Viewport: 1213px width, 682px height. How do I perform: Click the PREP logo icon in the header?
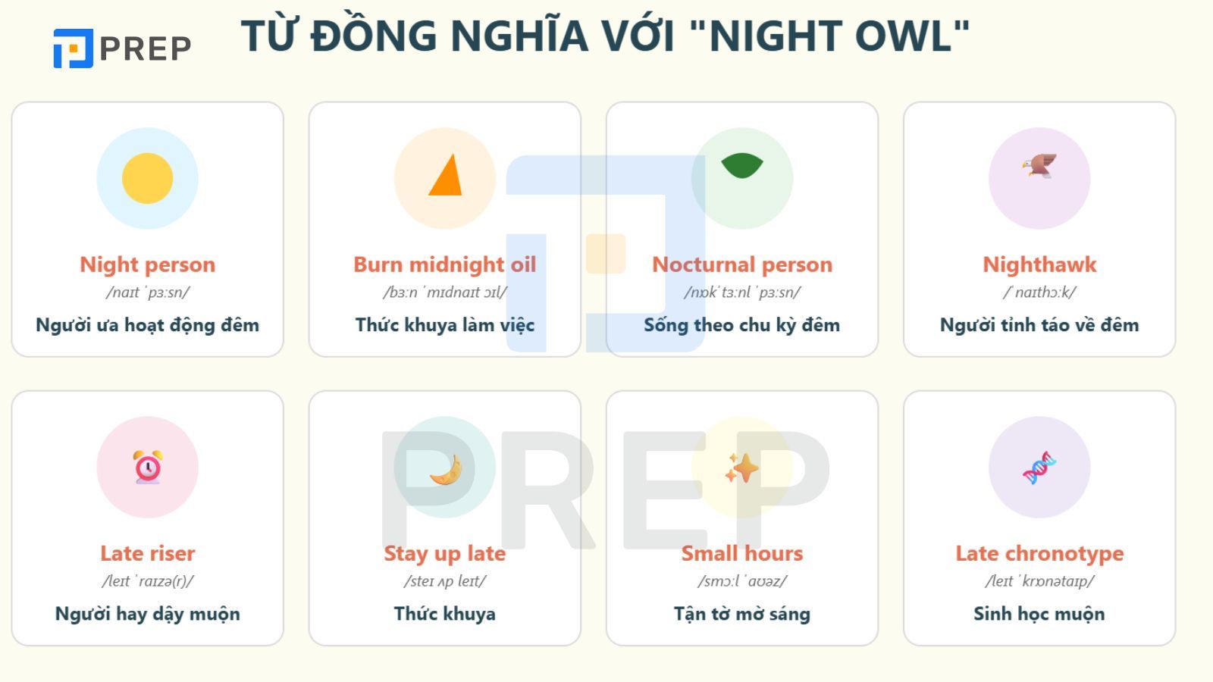coord(73,48)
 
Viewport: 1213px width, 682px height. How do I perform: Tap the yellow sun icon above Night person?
coord(147,178)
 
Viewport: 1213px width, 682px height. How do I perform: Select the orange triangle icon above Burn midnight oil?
coord(446,176)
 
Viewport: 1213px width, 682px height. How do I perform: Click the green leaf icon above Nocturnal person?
coord(742,166)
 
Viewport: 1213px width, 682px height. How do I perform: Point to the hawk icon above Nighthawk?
coord(1039,165)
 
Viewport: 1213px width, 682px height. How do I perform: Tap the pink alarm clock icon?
coord(147,467)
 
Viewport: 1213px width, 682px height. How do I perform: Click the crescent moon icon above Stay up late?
coord(446,470)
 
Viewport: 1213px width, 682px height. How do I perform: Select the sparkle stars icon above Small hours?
coord(741,468)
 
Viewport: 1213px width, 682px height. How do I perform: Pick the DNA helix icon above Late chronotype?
coord(1039,468)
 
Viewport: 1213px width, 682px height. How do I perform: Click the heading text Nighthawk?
coord(1039,264)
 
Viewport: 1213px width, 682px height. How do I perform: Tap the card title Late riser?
coord(147,553)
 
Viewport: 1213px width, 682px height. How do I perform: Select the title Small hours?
coord(741,553)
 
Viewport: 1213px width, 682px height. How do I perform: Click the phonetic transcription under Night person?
coord(147,293)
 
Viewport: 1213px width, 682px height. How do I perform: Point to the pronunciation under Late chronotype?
coord(1039,581)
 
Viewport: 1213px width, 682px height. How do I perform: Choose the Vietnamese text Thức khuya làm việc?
coord(445,325)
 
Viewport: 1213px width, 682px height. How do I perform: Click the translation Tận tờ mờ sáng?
coord(741,614)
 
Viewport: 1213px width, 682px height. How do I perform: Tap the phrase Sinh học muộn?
coord(1039,614)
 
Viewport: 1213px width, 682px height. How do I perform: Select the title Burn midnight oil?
coord(445,264)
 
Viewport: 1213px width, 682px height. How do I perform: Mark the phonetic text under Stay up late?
coord(445,581)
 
